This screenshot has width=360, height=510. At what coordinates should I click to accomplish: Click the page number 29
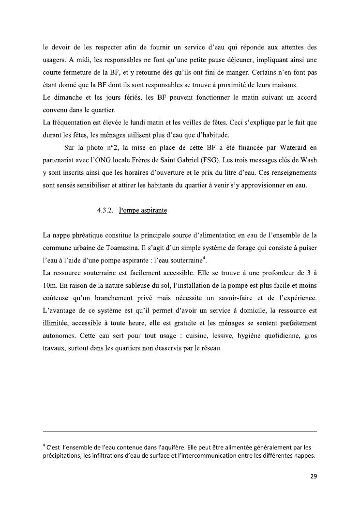(313, 476)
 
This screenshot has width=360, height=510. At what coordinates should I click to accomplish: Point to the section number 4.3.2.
(105, 211)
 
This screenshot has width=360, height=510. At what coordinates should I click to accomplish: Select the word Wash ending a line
(308, 160)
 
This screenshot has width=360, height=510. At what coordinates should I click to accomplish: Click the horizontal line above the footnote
(180, 432)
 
